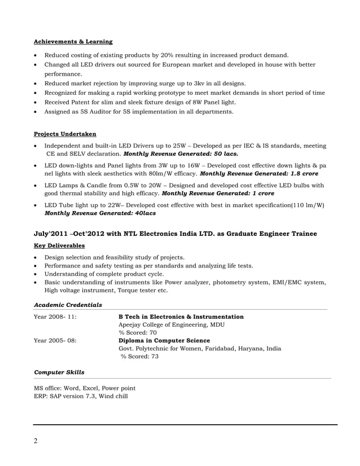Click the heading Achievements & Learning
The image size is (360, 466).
[x=73, y=42]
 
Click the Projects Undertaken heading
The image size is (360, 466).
[x=65, y=134]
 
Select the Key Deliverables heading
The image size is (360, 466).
[x=59, y=245]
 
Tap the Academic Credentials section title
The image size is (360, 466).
[x=68, y=305]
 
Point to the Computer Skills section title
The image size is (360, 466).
[x=59, y=372]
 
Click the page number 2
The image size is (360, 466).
[x=36, y=441]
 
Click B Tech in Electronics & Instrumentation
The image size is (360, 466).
[x=181, y=317]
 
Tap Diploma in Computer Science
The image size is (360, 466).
[x=164, y=340]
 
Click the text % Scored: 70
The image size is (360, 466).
[x=138, y=333]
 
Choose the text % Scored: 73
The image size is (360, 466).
[x=139, y=357]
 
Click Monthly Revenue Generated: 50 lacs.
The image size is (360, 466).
[x=181, y=153]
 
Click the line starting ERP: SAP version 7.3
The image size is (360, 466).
[x=81, y=397]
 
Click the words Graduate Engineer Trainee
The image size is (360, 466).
[x=268, y=234]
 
